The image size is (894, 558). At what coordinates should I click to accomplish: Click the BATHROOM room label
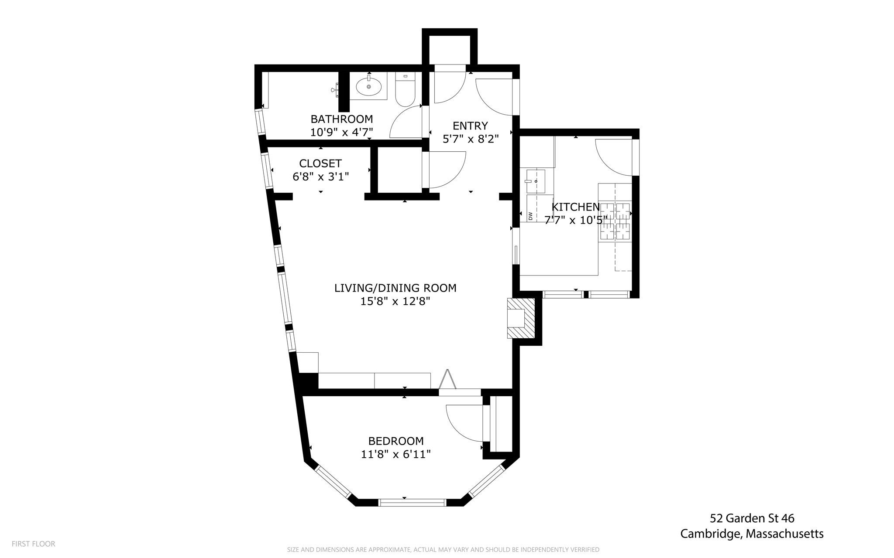342,119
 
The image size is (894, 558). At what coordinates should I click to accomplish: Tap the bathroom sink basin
369,87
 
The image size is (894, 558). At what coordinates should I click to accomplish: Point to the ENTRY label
470,126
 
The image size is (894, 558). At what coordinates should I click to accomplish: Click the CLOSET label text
320,163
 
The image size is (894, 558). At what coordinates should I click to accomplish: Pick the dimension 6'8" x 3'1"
320,177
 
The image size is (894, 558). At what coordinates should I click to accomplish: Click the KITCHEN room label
576,207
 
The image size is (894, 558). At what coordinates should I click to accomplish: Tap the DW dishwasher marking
530,216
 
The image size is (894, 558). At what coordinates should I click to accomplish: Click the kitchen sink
536,181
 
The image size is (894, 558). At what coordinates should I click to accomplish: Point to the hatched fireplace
521,318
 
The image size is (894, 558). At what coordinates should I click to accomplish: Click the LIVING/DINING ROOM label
395,288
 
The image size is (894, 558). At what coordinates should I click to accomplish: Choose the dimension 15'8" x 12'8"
395,301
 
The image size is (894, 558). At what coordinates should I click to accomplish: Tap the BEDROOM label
396,441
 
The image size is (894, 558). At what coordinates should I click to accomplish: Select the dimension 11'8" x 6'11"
396,454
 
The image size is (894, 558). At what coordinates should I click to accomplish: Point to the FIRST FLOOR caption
34,544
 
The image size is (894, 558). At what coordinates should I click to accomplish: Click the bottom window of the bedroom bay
412,503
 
